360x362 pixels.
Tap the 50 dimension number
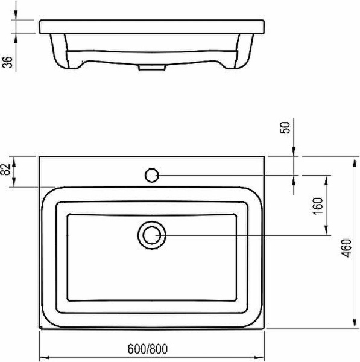[x=287, y=127]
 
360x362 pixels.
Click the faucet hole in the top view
[x=152, y=176]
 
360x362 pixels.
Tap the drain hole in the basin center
[x=151, y=235]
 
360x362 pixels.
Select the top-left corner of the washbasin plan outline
[x=40, y=156]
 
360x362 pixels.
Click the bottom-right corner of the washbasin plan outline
[x=265, y=330]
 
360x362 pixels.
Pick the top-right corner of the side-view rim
[x=266, y=21]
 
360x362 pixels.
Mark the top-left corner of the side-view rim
[x=39, y=21]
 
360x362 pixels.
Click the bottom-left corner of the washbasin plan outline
[x=40, y=330]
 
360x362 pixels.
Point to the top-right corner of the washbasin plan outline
[x=265, y=156]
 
